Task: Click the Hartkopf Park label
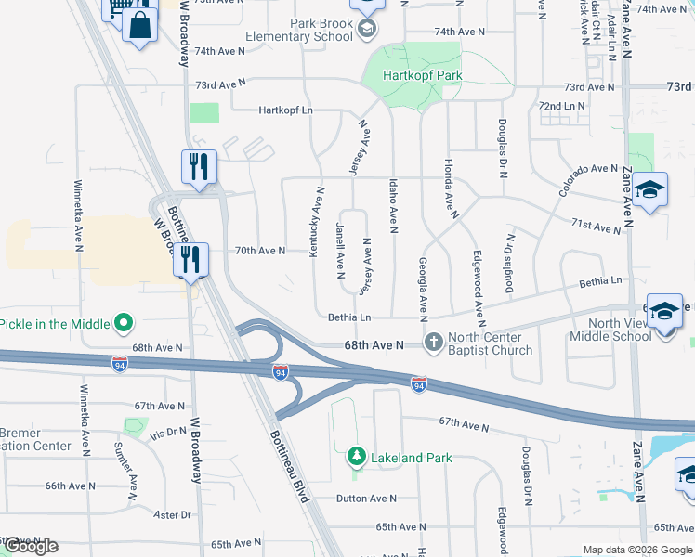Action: click(x=423, y=75)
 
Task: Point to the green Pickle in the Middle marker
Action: click(x=123, y=324)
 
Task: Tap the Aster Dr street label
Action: click(x=173, y=514)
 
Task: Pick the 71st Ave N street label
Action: click(x=596, y=227)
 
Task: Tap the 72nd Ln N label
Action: click(x=562, y=106)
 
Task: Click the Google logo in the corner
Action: click(x=31, y=546)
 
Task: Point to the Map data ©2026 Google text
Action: click(x=636, y=550)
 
